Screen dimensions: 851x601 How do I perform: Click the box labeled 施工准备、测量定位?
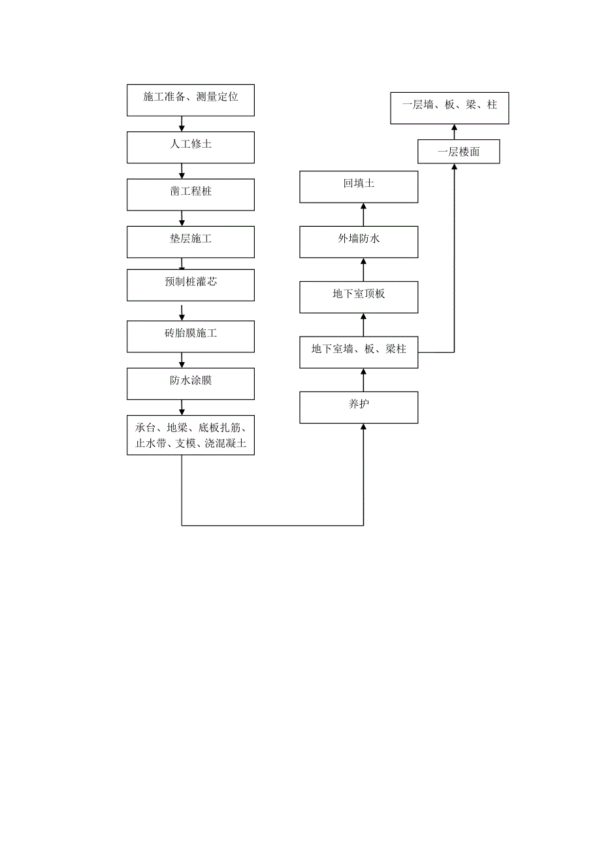pyautogui.click(x=190, y=101)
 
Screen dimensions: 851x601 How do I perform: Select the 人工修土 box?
pyautogui.click(x=190, y=147)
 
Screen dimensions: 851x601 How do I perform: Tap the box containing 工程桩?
pyautogui.click(x=190, y=195)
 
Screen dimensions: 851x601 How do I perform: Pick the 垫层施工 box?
pyautogui.click(x=190, y=242)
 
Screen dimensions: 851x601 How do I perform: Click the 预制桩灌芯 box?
pyautogui.click(x=190, y=285)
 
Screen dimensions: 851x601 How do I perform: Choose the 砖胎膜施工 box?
pyautogui.click(x=190, y=337)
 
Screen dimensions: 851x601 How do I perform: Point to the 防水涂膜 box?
pyautogui.click(x=190, y=383)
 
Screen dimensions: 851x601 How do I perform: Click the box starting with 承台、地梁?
pyautogui.click(x=190, y=435)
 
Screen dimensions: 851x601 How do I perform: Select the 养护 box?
pyautogui.click(x=359, y=407)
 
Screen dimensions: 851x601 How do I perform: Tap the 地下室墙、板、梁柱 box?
pyautogui.click(x=359, y=352)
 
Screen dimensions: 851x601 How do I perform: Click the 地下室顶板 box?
pyautogui.click(x=359, y=297)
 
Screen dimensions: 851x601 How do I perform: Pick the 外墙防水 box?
pyautogui.click(x=359, y=242)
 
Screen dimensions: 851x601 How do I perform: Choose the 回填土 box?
pyautogui.click(x=359, y=187)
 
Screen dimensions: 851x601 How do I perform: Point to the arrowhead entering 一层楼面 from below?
pyautogui.click(x=454, y=167)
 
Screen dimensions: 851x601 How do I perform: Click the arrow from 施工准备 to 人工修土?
pyautogui.click(x=182, y=124)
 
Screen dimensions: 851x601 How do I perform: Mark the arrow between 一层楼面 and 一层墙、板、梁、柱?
pyautogui.click(x=454, y=132)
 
